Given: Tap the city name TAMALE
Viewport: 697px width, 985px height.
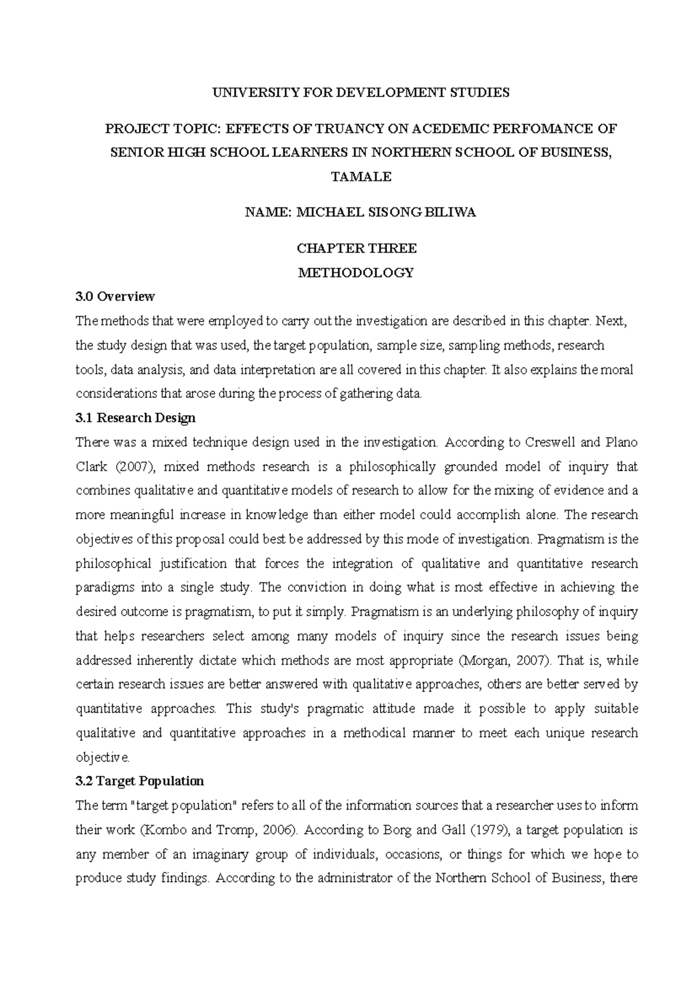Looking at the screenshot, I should (x=361, y=177).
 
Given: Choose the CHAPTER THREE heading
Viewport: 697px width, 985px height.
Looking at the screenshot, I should (x=357, y=249).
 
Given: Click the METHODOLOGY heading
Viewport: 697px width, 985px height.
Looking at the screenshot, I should (x=356, y=272).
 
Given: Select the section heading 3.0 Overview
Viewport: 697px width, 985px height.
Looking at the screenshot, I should (x=115, y=297).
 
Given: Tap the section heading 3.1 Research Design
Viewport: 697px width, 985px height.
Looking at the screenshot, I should (x=135, y=418).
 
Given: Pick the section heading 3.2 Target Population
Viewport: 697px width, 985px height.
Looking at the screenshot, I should (x=139, y=781).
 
